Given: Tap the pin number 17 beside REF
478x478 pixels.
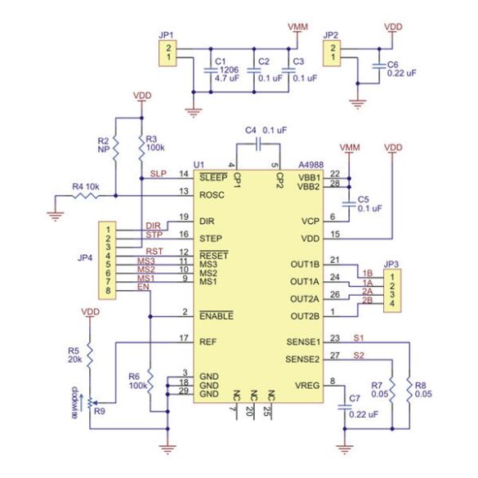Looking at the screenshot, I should click(185, 337).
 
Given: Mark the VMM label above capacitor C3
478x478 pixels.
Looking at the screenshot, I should click(299, 27).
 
